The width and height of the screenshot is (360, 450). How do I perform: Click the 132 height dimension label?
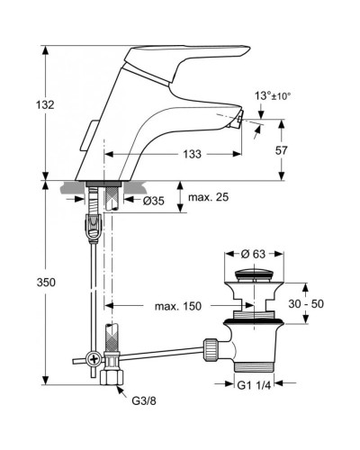click(45, 105)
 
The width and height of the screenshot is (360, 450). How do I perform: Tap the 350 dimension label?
click(46, 283)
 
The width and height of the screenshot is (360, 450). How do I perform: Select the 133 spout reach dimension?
click(192, 154)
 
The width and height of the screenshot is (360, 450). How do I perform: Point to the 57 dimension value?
click(282, 150)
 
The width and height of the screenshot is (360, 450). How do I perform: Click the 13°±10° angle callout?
click(273, 96)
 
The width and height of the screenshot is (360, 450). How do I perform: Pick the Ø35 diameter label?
click(153, 201)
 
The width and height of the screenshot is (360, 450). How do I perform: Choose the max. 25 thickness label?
click(208, 197)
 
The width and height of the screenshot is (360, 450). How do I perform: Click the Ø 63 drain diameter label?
click(253, 254)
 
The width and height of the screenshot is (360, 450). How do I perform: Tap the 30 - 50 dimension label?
click(306, 303)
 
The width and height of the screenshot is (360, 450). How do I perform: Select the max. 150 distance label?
click(178, 306)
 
